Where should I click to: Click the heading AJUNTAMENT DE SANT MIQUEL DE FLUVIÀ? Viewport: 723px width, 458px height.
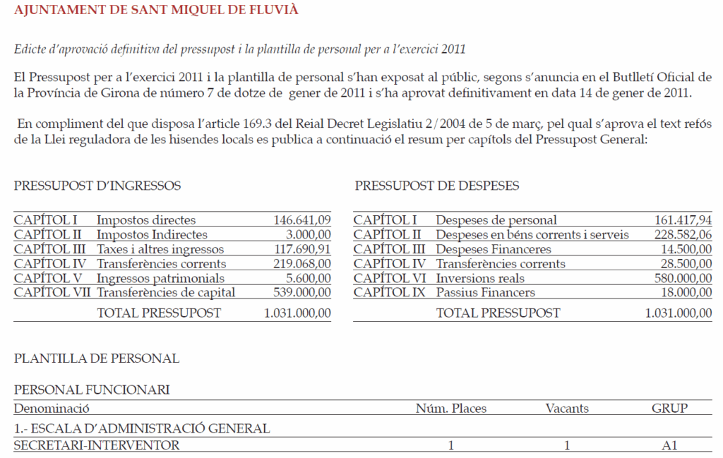coord(156,10)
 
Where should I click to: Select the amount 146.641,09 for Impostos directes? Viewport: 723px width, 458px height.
coord(301,221)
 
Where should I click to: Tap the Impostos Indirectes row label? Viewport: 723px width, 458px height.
coord(152,235)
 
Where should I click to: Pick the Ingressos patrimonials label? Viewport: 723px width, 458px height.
coord(160,279)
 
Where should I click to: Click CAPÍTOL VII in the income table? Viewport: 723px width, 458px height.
coord(52,293)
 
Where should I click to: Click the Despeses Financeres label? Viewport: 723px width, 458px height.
coord(494,250)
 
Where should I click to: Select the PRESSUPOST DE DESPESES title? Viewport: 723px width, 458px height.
coord(437,186)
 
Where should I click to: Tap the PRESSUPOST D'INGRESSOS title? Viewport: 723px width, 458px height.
coord(97,186)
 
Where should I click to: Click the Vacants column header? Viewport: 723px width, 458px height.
coord(567,409)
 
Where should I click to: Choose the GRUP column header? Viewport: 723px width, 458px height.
coord(669,409)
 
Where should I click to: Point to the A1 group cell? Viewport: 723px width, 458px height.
coord(669,445)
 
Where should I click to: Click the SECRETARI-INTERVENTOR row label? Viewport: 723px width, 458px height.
coord(97,445)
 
